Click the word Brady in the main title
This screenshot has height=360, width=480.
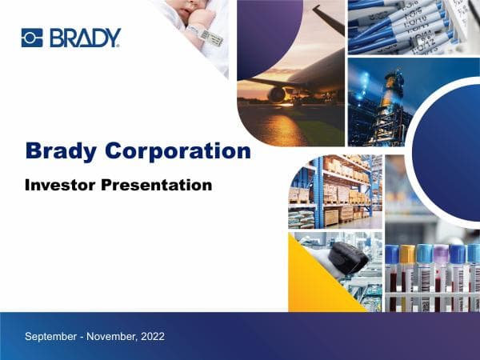click(62, 150)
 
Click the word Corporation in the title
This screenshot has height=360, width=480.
click(178, 150)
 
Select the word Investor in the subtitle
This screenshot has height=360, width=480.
click(61, 185)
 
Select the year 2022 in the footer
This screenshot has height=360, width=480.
click(152, 336)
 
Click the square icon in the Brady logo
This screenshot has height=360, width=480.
click(32, 38)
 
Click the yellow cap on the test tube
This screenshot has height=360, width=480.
click(408, 254)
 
